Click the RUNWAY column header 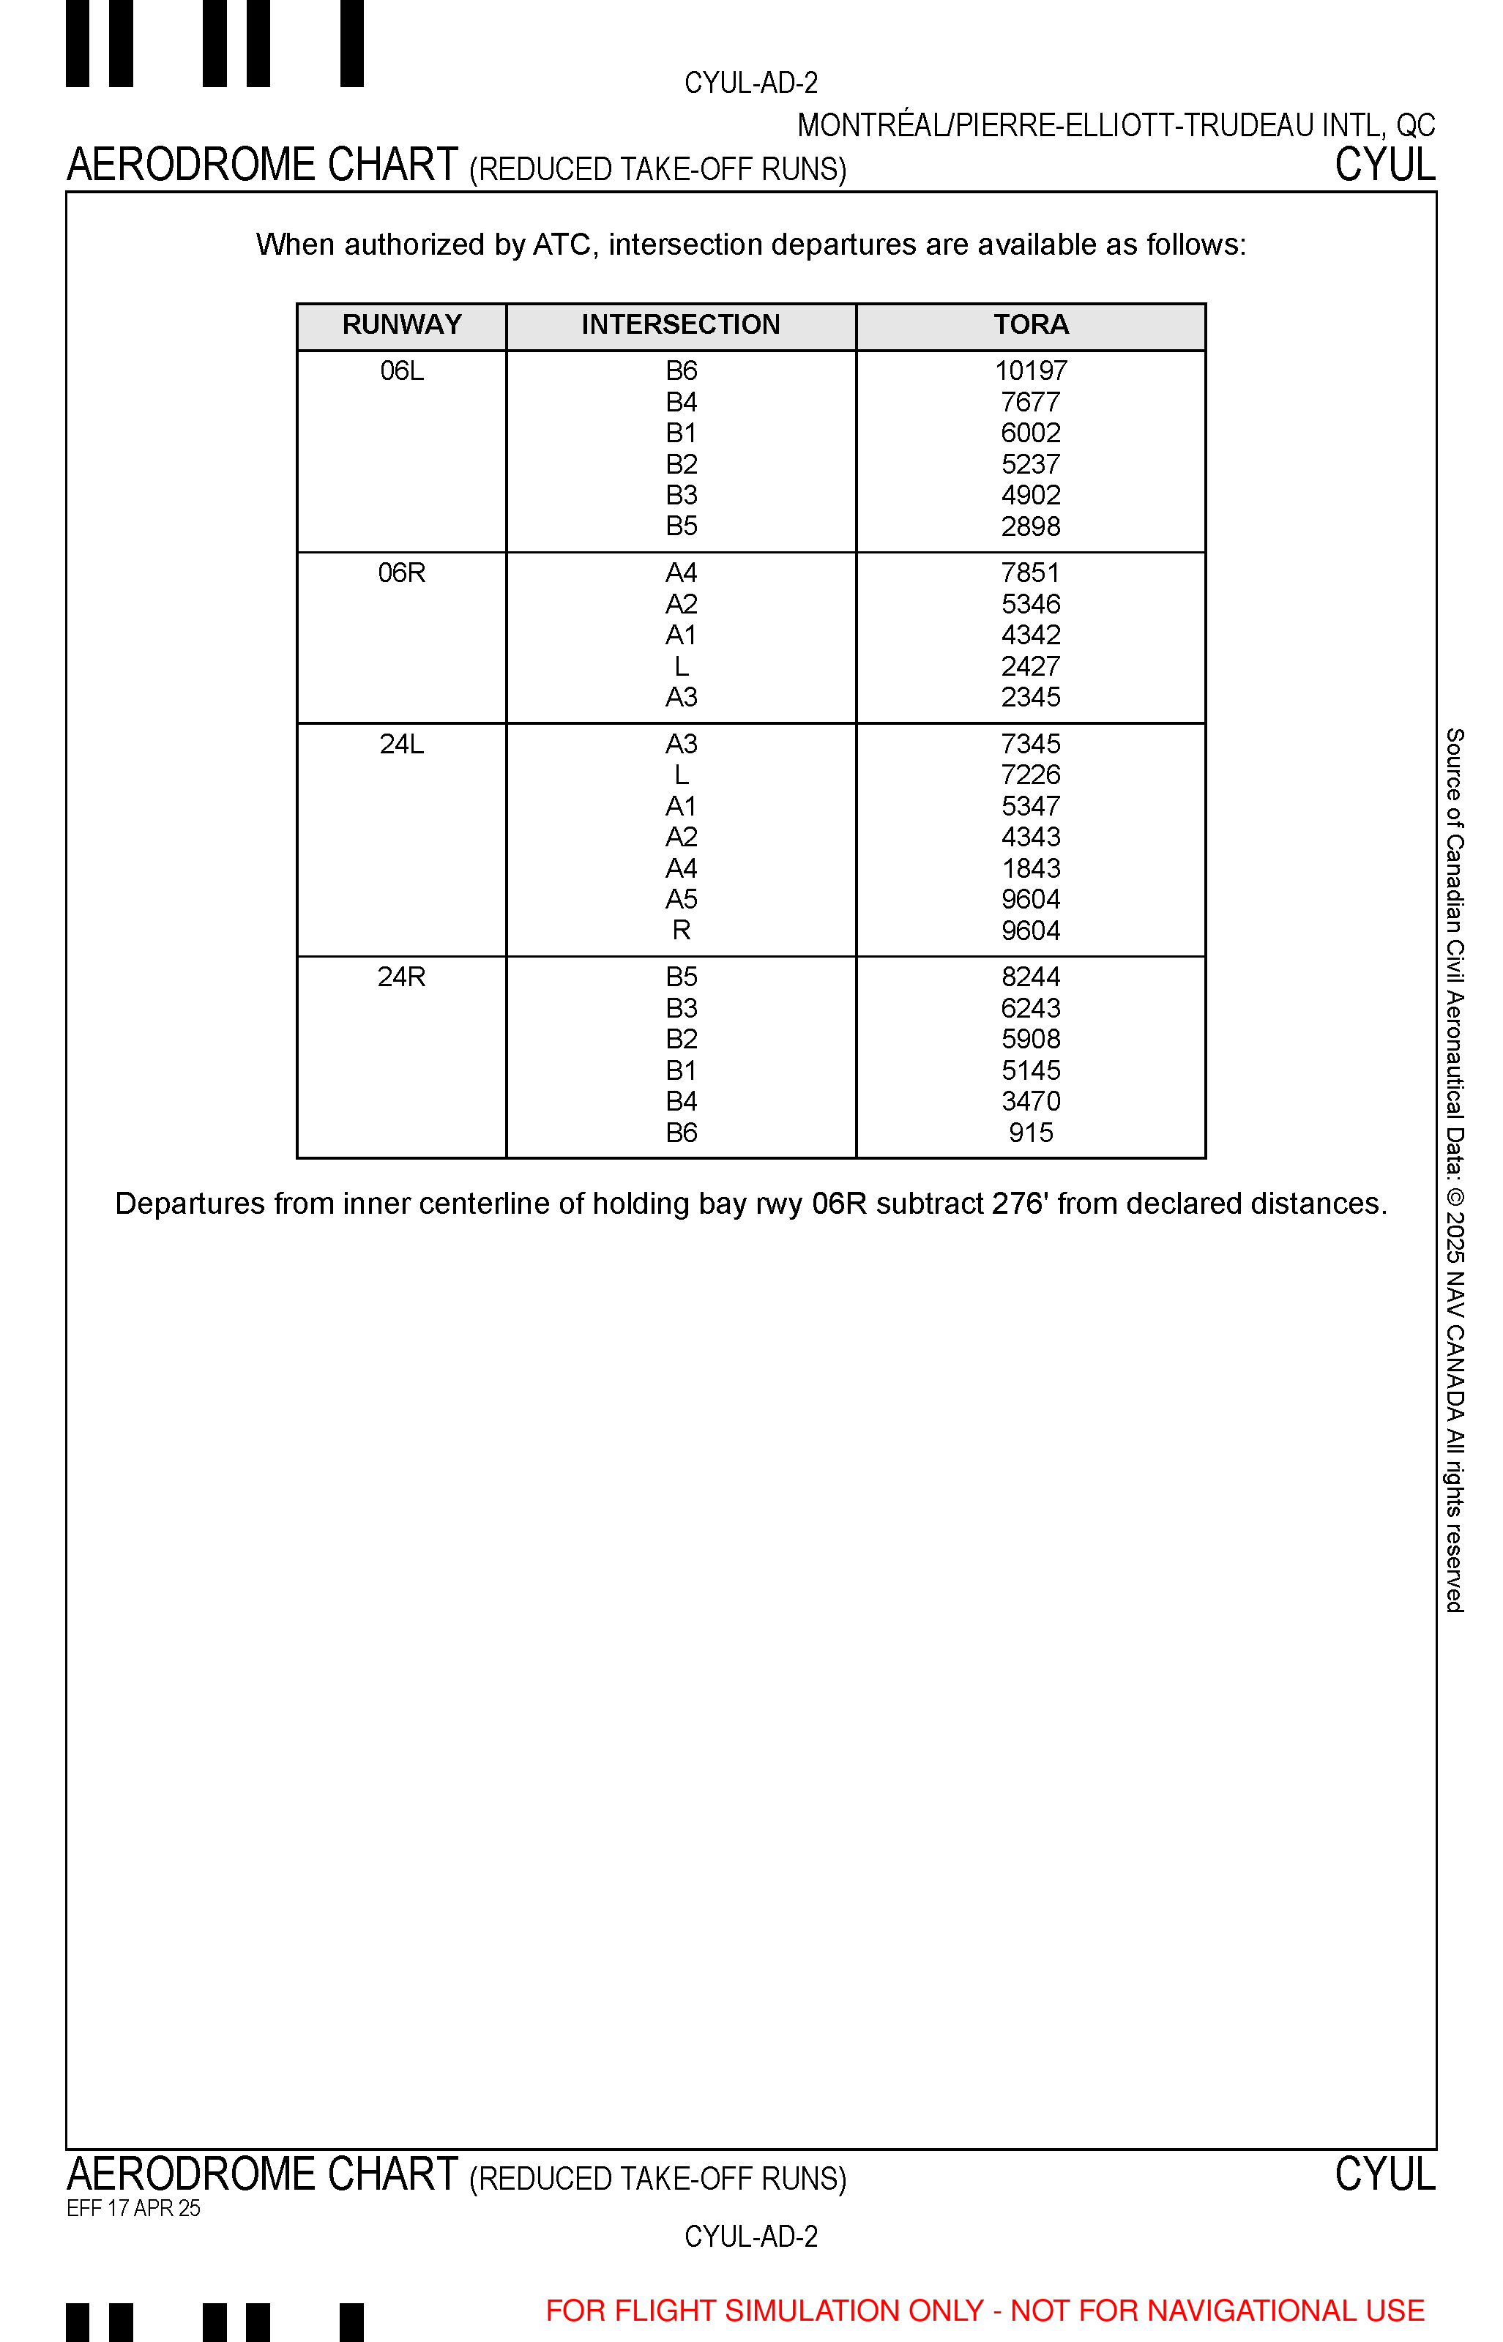tap(401, 325)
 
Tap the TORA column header tap(1031, 325)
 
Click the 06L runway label tap(401, 372)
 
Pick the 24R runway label tap(401, 977)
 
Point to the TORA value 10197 tap(1031, 372)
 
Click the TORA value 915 tap(1031, 1133)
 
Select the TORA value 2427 tap(1031, 666)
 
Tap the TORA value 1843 tap(1031, 868)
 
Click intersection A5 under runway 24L tap(682, 900)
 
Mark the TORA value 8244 tap(1031, 977)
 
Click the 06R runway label tap(401, 573)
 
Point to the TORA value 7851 tap(1031, 573)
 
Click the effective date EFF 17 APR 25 tap(134, 2208)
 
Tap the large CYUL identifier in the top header tap(1385, 165)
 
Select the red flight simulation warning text tap(985, 2311)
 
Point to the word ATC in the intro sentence tap(562, 245)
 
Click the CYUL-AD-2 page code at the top tap(750, 83)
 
